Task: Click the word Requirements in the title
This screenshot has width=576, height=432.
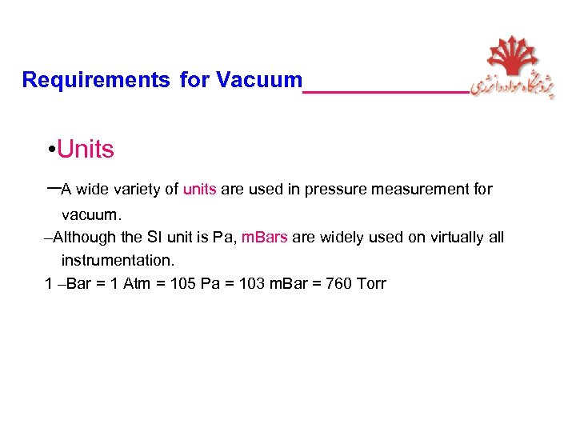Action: point(96,80)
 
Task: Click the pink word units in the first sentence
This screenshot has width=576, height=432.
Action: point(200,190)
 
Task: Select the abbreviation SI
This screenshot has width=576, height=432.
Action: point(155,237)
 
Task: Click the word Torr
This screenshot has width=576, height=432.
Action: point(371,284)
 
